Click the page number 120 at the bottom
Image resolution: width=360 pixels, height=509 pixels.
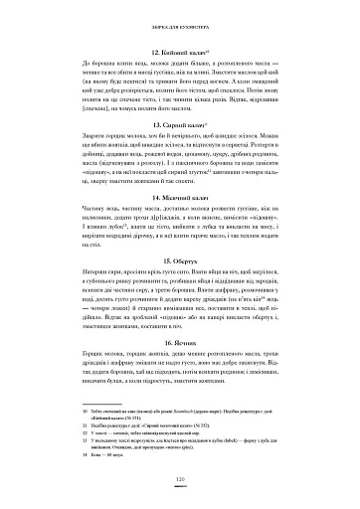click(x=180, y=481)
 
